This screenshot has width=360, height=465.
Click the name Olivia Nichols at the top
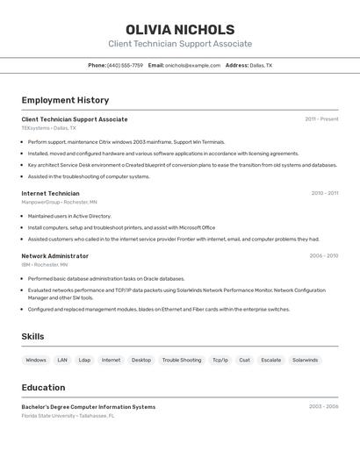click(180, 30)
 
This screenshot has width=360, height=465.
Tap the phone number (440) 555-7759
click(126, 65)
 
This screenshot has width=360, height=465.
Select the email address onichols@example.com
click(192, 65)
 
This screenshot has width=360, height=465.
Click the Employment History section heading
click(65, 100)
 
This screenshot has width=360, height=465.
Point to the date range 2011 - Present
click(321, 119)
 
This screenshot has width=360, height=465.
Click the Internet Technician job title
click(50, 193)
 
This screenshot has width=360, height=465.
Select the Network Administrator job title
click(54, 256)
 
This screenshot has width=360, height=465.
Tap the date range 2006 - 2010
click(323, 256)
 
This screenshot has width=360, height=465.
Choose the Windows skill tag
click(36, 360)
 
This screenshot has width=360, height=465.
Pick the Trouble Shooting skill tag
click(182, 360)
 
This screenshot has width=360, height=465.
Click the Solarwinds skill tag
click(305, 360)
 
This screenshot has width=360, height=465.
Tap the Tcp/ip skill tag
click(220, 360)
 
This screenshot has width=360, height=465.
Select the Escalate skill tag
click(271, 360)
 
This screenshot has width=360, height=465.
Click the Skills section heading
click(32, 336)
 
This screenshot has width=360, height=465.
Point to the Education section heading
click(43, 387)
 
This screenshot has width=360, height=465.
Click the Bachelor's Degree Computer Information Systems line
click(88, 407)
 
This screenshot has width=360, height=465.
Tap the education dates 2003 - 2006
click(323, 407)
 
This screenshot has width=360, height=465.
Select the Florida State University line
click(68, 415)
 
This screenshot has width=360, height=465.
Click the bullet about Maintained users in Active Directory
click(69, 216)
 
